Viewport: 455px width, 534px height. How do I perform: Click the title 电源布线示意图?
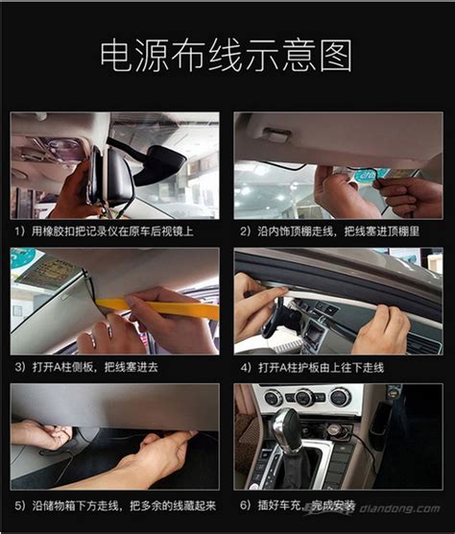click(226, 56)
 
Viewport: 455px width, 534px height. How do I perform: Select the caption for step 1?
click(104, 231)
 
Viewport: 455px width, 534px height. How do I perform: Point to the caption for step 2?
click(330, 231)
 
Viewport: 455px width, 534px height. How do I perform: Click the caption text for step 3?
click(86, 367)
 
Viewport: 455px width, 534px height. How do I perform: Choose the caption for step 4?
click(312, 368)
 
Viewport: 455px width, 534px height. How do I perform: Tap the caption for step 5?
click(115, 506)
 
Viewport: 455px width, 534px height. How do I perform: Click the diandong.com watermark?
click(399, 509)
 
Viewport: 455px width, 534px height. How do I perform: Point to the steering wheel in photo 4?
click(274, 317)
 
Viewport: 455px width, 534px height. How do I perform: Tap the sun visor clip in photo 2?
click(277, 133)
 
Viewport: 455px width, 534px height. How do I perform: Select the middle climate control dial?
click(304, 397)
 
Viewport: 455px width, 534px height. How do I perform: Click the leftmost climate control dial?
click(274, 398)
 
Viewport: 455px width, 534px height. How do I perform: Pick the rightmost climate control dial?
click(341, 397)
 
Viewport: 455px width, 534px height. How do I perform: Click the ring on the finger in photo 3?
click(109, 330)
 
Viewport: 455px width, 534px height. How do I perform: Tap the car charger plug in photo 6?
click(336, 431)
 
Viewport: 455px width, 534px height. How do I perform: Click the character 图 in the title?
click(336, 56)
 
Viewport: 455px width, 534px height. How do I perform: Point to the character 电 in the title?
click(116, 56)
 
